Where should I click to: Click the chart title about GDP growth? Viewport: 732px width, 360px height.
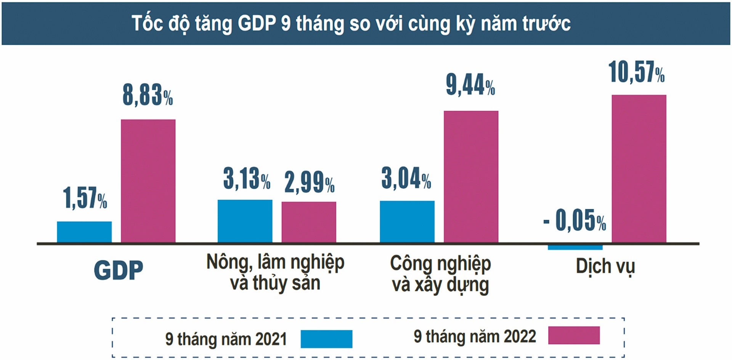click(x=351, y=24)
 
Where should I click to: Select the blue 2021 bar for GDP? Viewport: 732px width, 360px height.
click(x=84, y=232)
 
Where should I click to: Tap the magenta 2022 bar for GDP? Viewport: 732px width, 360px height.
click(x=148, y=181)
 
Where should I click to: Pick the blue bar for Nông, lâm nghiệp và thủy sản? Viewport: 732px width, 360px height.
click(x=245, y=221)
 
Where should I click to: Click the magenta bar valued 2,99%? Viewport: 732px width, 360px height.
click(x=309, y=222)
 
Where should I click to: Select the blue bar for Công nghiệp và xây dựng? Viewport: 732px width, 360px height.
click(x=407, y=222)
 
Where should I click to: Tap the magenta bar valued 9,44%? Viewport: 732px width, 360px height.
click(x=471, y=176)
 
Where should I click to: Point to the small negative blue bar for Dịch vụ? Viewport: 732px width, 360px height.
click(x=575, y=247)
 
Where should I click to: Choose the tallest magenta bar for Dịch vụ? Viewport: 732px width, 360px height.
click(x=639, y=168)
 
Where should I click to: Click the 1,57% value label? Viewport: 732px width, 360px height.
click(x=85, y=198)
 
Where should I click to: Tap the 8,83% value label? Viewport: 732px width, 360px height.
click(x=148, y=95)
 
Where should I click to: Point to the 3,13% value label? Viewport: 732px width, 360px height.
click(x=247, y=178)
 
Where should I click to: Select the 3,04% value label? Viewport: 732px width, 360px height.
click(x=406, y=178)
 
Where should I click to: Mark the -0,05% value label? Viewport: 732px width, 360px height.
click(x=575, y=220)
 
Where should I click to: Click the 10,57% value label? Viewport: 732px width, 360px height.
click(x=636, y=72)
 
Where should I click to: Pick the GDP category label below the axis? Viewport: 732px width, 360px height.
click(x=118, y=270)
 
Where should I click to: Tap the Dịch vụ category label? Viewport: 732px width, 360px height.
click(x=605, y=267)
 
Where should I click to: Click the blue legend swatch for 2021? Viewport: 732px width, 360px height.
click(x=326, y=339)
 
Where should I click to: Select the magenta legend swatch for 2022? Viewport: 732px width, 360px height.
click(x=574, y=335)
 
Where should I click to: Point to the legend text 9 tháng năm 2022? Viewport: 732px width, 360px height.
click(x=475, y=336)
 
